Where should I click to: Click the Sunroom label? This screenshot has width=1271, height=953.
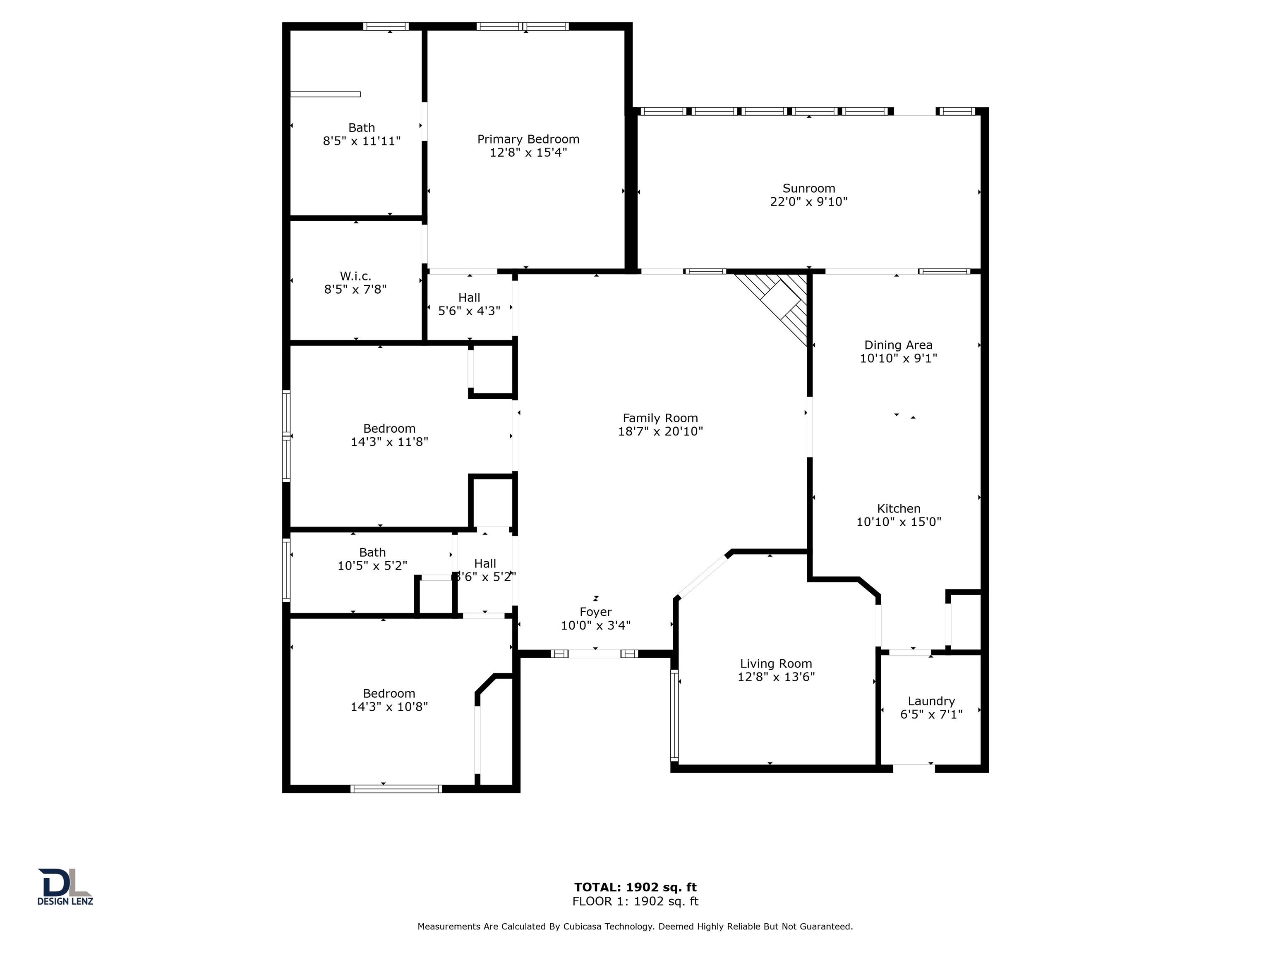pyautogui.click(x=808, y=189)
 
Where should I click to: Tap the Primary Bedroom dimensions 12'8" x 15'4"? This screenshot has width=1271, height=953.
pyautogui.click(x=528, y=152)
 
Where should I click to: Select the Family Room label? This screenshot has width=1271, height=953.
pyautogui.click(x=660, y=418)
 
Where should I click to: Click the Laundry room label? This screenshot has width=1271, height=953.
pyautogui.click(x=931, y=702)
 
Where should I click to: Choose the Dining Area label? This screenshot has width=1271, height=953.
pyautogui.click(x=898, y=345)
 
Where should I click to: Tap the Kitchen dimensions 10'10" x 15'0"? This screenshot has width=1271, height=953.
pyautogui.click(x=899, y=522)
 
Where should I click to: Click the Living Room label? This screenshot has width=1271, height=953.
pyautogui.click(x=776, y=664)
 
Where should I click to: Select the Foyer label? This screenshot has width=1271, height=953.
pyautogui.click(x=595, y=612)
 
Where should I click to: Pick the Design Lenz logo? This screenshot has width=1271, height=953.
pyautogui.click(x=65, y=886)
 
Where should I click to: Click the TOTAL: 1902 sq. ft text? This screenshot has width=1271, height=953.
pyautogui.click(x=635, y=888)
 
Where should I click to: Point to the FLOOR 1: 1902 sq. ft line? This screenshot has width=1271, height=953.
pyautogui.click(x=635, y=901)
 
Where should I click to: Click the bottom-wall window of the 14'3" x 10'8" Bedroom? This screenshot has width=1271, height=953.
pyautogui.click(x=396, y=789)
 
